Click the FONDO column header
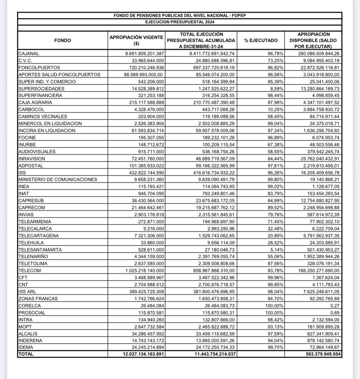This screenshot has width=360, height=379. [x=62, y=40]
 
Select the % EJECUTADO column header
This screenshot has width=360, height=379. [x=261, y=40]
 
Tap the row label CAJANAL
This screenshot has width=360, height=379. [x=29, y=54]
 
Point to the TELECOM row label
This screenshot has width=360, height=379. [x=29, y=271]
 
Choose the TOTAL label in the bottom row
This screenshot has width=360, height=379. [x=26, y=354]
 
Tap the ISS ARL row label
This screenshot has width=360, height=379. [x=28, y=292]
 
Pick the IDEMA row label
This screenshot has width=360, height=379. [x=26, y=347]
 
